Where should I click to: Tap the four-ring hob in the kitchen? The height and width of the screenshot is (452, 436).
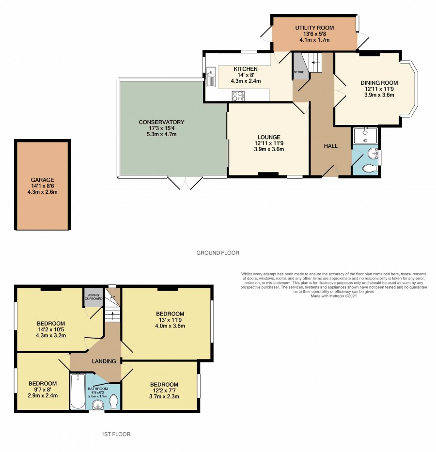pos(238,96)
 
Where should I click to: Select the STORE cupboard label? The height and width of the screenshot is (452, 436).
pos(299,72)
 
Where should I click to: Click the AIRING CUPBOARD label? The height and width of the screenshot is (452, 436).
pos(93,297)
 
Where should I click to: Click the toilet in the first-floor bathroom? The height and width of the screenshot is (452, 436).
pos(114,402)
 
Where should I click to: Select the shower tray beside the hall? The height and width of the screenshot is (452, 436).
pos(365,136)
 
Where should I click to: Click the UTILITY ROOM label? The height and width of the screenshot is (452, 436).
pos(314,28)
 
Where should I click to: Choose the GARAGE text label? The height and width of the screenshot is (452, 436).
pos(42,180)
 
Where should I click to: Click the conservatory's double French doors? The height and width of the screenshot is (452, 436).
pos(185,183)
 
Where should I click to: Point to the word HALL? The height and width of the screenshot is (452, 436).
pos(330,146)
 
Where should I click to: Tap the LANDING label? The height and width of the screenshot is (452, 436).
pos(104,361)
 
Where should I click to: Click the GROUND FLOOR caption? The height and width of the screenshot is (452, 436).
pos(218,253)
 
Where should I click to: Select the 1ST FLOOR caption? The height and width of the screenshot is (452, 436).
pos(116,434)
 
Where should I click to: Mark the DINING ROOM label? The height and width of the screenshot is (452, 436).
pos(379,83)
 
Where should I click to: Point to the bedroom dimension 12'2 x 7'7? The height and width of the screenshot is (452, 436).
pos(164,390)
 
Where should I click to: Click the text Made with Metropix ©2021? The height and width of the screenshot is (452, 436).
pos(334,296)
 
